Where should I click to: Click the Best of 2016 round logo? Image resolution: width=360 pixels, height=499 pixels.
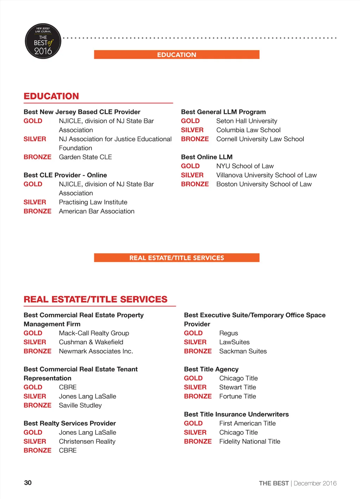[43, 41]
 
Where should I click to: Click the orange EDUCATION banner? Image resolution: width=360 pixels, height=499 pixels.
[176, 55]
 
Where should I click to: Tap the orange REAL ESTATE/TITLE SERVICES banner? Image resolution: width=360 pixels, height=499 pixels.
[176, 258]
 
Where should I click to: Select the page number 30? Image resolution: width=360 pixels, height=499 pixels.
[28, 483]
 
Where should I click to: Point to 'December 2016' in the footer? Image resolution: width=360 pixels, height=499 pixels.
[315, 484]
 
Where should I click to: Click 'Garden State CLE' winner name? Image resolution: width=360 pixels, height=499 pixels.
[85, 157]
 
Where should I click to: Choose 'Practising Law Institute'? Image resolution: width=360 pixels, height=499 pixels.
[93, 202]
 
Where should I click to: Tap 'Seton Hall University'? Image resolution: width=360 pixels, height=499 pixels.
[246, 121]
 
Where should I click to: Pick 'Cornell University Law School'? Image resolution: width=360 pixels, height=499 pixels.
[260, 139]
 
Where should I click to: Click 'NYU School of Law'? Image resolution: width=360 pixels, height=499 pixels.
[245, 166]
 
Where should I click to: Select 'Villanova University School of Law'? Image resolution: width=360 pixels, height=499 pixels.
[266, 175]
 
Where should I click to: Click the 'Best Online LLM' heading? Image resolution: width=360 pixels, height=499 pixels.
[207, 157]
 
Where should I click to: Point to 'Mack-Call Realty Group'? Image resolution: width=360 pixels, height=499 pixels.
[94, 333]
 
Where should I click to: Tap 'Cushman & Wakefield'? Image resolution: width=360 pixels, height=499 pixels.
[91, 342]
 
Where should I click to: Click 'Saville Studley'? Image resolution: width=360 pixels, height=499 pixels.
[80, 406]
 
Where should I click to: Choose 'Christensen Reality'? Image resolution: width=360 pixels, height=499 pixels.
[87, 442]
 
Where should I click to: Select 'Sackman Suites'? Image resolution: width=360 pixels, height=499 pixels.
[243, 351]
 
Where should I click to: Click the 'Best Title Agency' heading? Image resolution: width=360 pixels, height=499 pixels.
[211, 369]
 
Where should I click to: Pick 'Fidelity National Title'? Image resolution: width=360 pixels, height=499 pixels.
[250, 442]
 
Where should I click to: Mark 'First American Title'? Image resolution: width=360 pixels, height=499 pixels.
[247, 423]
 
